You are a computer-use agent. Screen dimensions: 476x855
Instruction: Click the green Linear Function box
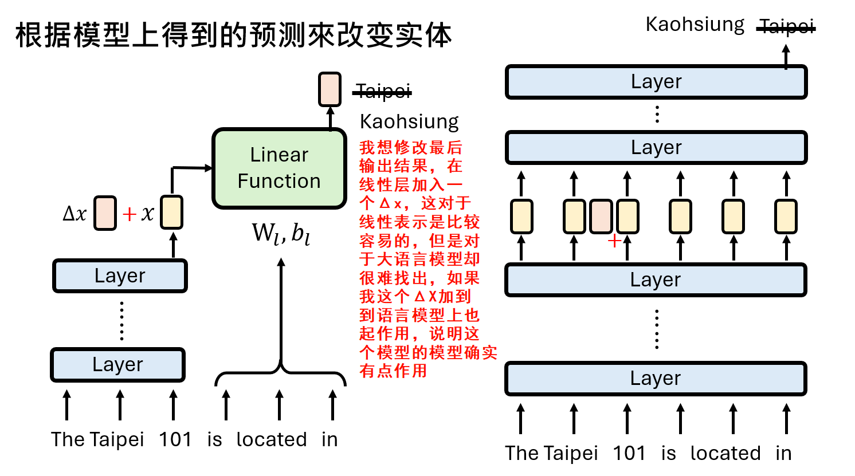tap(279, 168)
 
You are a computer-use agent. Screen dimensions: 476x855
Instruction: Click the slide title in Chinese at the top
tap(233, 36)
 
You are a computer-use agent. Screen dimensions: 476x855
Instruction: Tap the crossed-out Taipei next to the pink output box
tap(383, 91)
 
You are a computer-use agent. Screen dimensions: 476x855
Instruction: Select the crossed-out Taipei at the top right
tap(786, 26)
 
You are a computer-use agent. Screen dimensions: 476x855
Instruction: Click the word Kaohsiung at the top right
tap(695, 25)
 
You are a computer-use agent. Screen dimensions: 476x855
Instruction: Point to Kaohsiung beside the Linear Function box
tap(409, 121)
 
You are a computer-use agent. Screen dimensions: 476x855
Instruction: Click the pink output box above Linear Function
tap(330, 89)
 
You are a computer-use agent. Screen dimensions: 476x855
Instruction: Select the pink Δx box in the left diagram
tap(105, 213)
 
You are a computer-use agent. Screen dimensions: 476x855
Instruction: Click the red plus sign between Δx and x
tap(130, 214)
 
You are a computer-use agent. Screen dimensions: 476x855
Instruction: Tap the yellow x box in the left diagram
tap(171, 213)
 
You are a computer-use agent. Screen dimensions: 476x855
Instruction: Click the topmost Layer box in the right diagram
tap(656, 82)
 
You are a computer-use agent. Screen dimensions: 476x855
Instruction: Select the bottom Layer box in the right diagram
tap(656, 379)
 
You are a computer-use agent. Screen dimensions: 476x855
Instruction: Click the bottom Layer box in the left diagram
tap(118, 365)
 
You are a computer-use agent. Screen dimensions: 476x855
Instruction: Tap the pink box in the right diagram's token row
tap(601, 217)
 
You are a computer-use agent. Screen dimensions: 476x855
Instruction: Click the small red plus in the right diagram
tap(614, 241)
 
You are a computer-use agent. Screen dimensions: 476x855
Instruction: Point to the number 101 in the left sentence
tap(175, 439)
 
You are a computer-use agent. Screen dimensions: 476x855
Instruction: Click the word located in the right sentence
tap(725, 453)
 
